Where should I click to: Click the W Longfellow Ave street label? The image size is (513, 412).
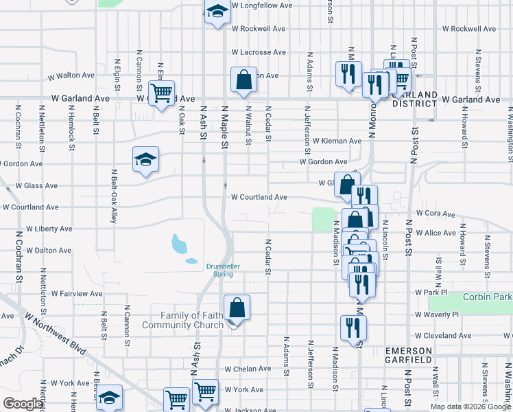pyautogui.click(x=263, y=5)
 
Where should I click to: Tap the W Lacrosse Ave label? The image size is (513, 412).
pyautogui.click(x=259, y=52)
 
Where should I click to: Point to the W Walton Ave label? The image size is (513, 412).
pyautogui.click(x=71, y=75)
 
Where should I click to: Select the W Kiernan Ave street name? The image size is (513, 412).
pyautogui.click(x=337, y=141)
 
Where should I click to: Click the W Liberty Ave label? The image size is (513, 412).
pyautogui.click(x=49, y=229)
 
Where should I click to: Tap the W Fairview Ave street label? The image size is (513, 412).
pyautogui.click(x=72, y=294)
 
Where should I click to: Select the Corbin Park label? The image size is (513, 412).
pyautogui.click(x=488, y=297)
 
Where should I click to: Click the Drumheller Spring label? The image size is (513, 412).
pyautogui.click(x=219, y=270)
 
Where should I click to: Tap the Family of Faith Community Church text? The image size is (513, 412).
pyautogui.click(x=182, y=320)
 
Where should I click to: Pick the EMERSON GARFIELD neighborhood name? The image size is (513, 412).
pyautogui.click(x=408, y=355)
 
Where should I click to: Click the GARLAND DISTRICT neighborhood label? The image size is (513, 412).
pyautogui.click(x=414, y=99)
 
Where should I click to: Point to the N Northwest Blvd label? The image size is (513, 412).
pyautogui.click(x=56, y=334)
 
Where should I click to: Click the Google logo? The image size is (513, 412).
pyautogui.click(x=23, y=404)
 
